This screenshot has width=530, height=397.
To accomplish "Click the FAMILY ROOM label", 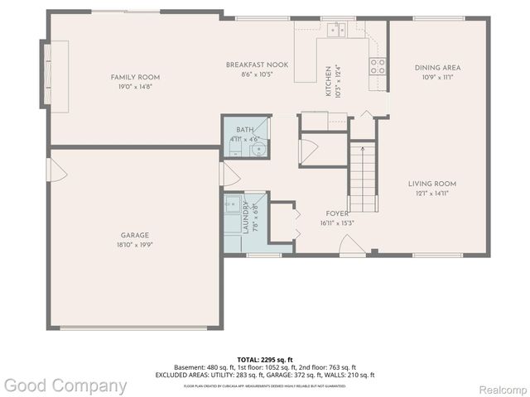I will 135,77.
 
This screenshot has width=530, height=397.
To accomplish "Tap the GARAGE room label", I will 135,236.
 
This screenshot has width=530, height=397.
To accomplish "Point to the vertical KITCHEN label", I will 328,81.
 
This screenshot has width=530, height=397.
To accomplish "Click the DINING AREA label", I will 437,67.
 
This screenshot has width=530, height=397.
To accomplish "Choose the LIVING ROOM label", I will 431,184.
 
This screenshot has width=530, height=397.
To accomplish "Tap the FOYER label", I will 337,213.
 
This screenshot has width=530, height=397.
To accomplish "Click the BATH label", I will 245,130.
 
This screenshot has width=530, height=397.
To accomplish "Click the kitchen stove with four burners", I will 378,66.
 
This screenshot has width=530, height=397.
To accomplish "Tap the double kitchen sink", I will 336,30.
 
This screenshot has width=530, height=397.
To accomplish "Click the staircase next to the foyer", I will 361,178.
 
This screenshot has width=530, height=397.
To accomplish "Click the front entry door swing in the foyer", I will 349,245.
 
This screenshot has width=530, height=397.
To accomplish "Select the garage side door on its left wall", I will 57,171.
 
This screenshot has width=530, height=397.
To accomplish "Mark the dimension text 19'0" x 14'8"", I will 135,86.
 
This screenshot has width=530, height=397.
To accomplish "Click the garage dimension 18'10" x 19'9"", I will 135,245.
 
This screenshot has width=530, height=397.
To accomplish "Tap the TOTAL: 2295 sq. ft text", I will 265,359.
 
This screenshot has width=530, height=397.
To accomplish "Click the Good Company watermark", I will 65,385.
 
